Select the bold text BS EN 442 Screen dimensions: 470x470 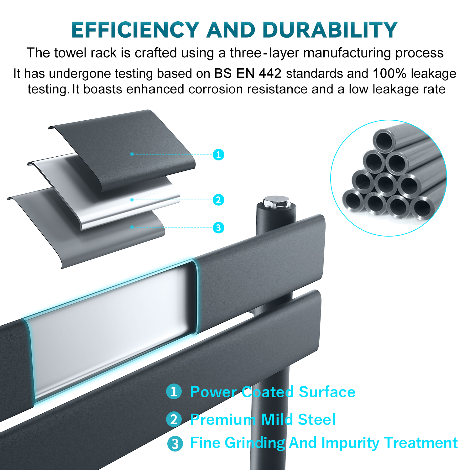pyautogui.click(x=248, y=74)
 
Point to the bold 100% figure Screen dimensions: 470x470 pyautogui.click(x=389, y=74)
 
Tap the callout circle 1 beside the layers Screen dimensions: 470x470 pyautogui.click(x=218, y=154)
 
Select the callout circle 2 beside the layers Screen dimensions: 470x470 pyautogui.click(x=218, y=200)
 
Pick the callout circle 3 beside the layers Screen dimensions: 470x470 pyautogui.click(x=218, y=227)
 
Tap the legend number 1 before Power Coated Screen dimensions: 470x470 pyautogui.click(x=174, y=392)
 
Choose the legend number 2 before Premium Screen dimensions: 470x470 pyautogui.click(x=174, y=419)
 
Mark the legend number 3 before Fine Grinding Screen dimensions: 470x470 pyautogui.click(x=175, y=444)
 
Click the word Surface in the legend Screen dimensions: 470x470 pyautogui.click(x=327, y=392)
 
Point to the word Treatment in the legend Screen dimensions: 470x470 pyautogui.click(x=421, y=443)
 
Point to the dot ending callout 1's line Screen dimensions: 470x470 pyautogui.click(x=132, y=154)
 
